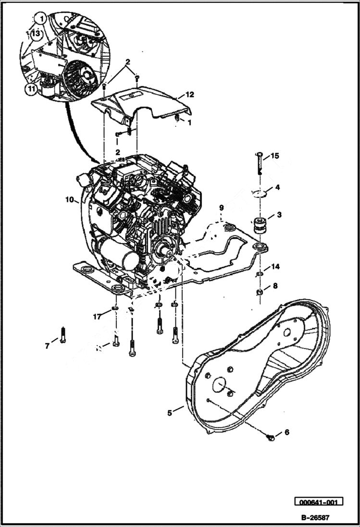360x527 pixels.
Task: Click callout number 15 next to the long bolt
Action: (274, 156)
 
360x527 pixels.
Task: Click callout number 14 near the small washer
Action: (275, 267)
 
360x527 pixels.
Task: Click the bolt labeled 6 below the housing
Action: (271, 437)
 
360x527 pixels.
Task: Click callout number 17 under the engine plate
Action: (97, 316)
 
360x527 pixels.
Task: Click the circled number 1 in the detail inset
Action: (42, 20)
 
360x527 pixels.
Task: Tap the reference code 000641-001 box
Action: (319, 502)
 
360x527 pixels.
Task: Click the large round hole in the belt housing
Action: (219, 386)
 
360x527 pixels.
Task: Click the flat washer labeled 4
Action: (260, 193)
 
